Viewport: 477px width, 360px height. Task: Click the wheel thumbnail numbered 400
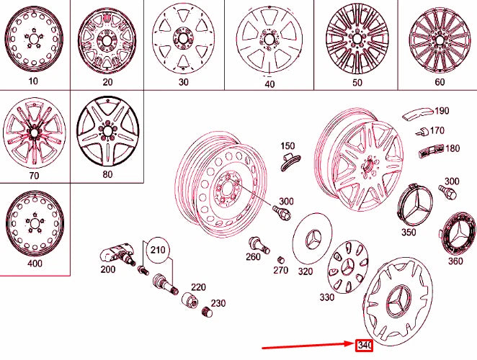(x=33, y=220)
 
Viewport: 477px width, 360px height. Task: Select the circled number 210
(x=158, y=251)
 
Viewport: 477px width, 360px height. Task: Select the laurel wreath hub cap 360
(x=455, y=230)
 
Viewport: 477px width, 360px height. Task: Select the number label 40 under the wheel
(x=269, y=84)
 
